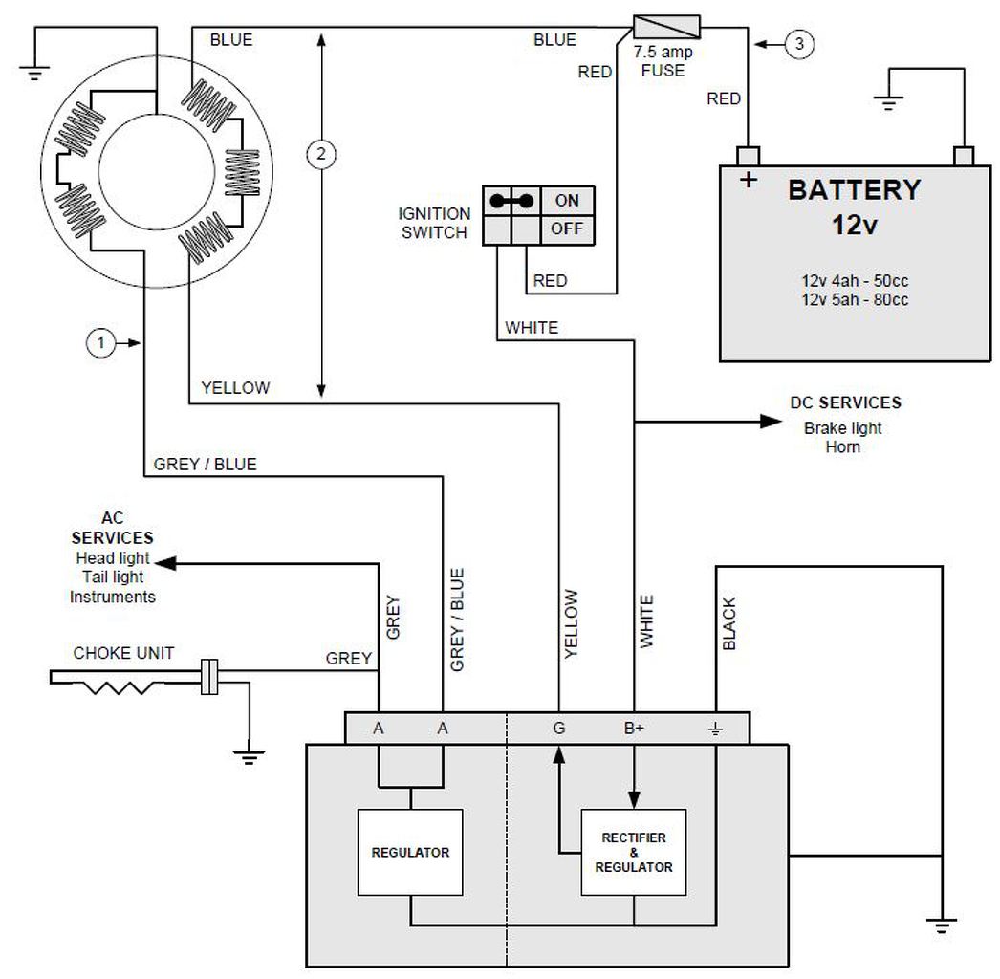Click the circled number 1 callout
[x=100, y=341]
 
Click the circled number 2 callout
[x=321, y=152]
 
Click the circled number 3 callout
[x=800, y=42]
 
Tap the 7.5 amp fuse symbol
[x=667, y=26]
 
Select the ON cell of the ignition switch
[x=568, y=201]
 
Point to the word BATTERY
[x=854, y=190]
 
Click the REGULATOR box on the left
[x=410, y=852]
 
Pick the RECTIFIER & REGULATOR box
[x=634, y=852]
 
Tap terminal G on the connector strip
[x=558, y=729]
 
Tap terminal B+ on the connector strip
[x=634, y=729]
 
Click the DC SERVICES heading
[x=845, y=403]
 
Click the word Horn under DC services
[x=842, y=446]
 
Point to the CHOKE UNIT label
[x=124, y=654]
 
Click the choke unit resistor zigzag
[x=120, y=686]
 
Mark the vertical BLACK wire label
[x=730, y=623]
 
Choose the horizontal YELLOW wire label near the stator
[x=235, y=388]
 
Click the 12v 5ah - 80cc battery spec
[x=855, y=300]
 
